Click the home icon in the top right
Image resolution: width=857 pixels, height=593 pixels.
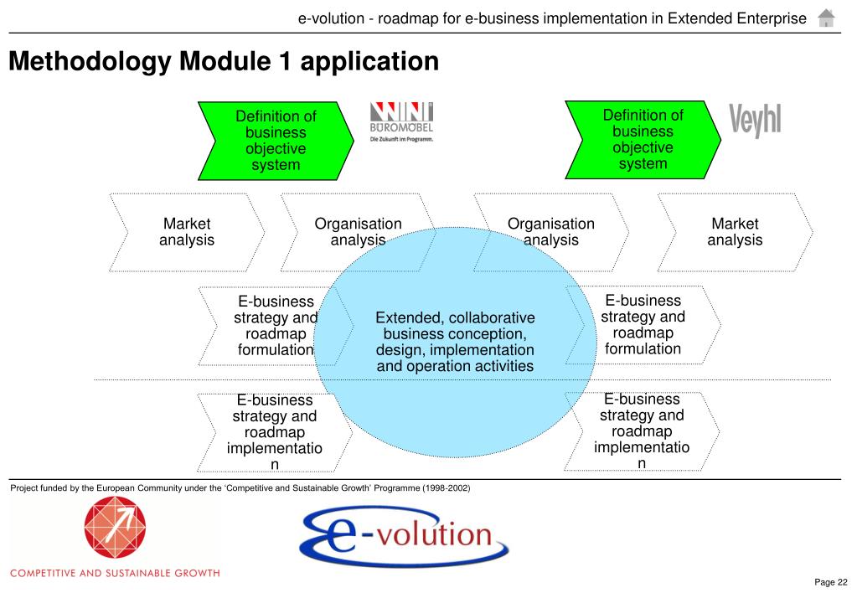click(x=826, y=18)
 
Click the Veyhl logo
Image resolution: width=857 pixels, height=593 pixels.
click(x=755, y=121)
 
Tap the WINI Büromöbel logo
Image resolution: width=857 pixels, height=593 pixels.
click(x=401, y=122)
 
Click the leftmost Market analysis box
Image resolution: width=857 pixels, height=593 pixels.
click(x=186, y=232)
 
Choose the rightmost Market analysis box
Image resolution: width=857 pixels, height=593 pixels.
click(x=735, y=232)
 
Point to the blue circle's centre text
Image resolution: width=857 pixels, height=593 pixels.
click(x=455, y=342)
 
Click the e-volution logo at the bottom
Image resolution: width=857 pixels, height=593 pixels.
click(x=404, y=535)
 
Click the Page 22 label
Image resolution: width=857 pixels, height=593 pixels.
click(x=831, y=582)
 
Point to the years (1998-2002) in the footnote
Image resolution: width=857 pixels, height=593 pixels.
click(x=447, y=488)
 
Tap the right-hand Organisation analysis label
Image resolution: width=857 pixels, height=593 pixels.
click(x=550, y=232)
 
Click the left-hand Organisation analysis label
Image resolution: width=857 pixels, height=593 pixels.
click(x=358, y=232)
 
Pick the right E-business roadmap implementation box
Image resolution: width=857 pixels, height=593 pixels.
click(x=642, y=431)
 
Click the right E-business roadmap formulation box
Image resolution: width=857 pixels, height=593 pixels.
click(x=643, y=325)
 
